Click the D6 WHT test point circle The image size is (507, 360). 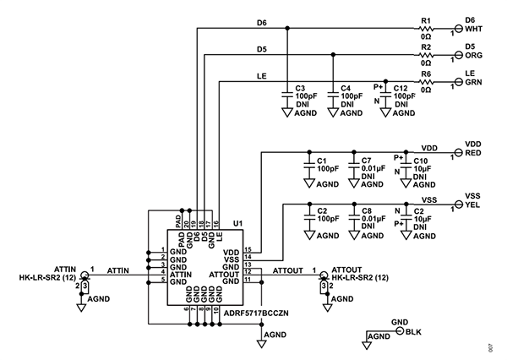click(x=460, y=28)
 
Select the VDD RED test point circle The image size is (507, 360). click(x=460, y=152)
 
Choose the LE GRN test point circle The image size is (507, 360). click(x=460, y=82)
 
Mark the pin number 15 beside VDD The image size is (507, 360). click(x=247, y=250)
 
